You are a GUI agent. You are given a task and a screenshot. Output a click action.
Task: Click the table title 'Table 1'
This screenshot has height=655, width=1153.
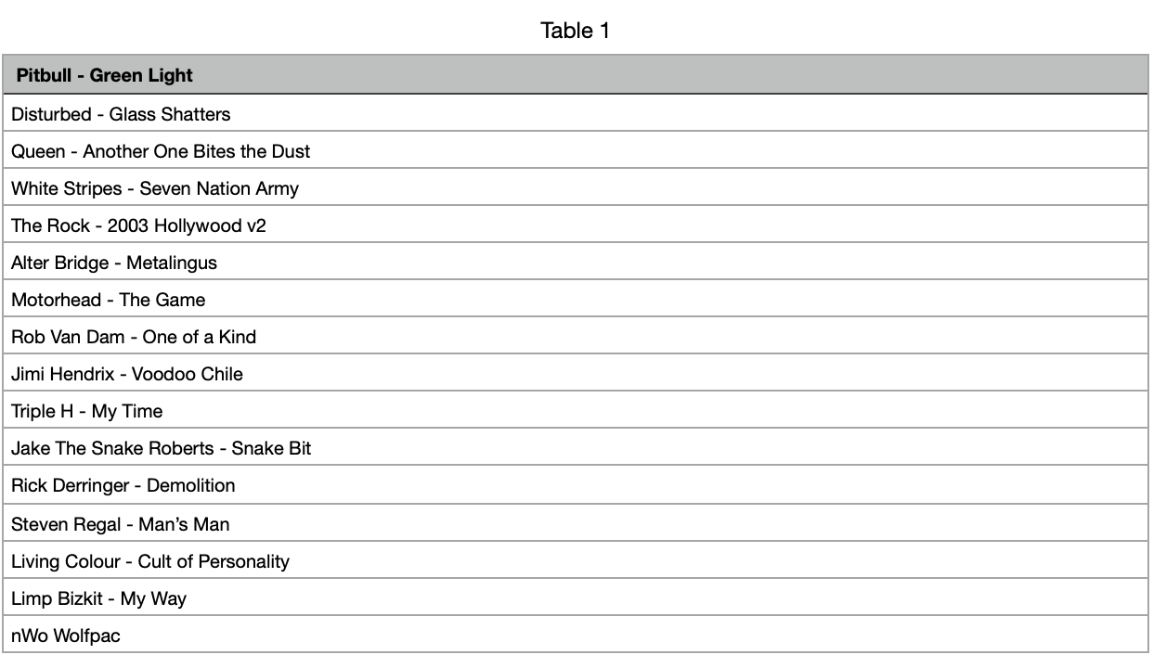click(575, 31)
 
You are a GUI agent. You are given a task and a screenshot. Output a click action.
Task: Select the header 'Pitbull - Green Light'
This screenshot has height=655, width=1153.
click(105, 75)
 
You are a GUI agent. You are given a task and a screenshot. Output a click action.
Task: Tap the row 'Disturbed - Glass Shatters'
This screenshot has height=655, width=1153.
click(121, 114)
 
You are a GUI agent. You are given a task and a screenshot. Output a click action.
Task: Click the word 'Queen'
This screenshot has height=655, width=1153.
click(38, 152)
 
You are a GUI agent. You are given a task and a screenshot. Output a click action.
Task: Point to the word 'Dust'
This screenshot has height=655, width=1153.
click(291, 152)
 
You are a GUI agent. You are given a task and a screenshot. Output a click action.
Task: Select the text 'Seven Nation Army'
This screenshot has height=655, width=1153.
click(219, 189)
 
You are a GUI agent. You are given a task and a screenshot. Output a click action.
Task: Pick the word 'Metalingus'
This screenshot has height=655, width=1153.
click(172, 263)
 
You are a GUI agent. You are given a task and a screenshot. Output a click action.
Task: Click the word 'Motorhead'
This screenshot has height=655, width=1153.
click(56, 300)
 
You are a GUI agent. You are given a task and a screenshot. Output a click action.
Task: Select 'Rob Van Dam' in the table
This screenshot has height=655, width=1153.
click(68, 337)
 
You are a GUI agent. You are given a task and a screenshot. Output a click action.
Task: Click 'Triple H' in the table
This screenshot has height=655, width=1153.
click(42, 412)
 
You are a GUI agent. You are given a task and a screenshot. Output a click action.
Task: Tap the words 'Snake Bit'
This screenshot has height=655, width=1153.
click(271, 448)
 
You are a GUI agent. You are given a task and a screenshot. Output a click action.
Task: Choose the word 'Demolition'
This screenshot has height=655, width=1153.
click(190, 485)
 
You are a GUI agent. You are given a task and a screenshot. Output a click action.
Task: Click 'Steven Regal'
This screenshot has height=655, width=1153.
click(66, 525)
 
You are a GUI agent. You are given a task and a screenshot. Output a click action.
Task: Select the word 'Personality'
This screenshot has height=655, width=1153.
click(243, 562)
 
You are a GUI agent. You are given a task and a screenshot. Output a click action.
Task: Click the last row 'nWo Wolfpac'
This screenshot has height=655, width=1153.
click(66, 636)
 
